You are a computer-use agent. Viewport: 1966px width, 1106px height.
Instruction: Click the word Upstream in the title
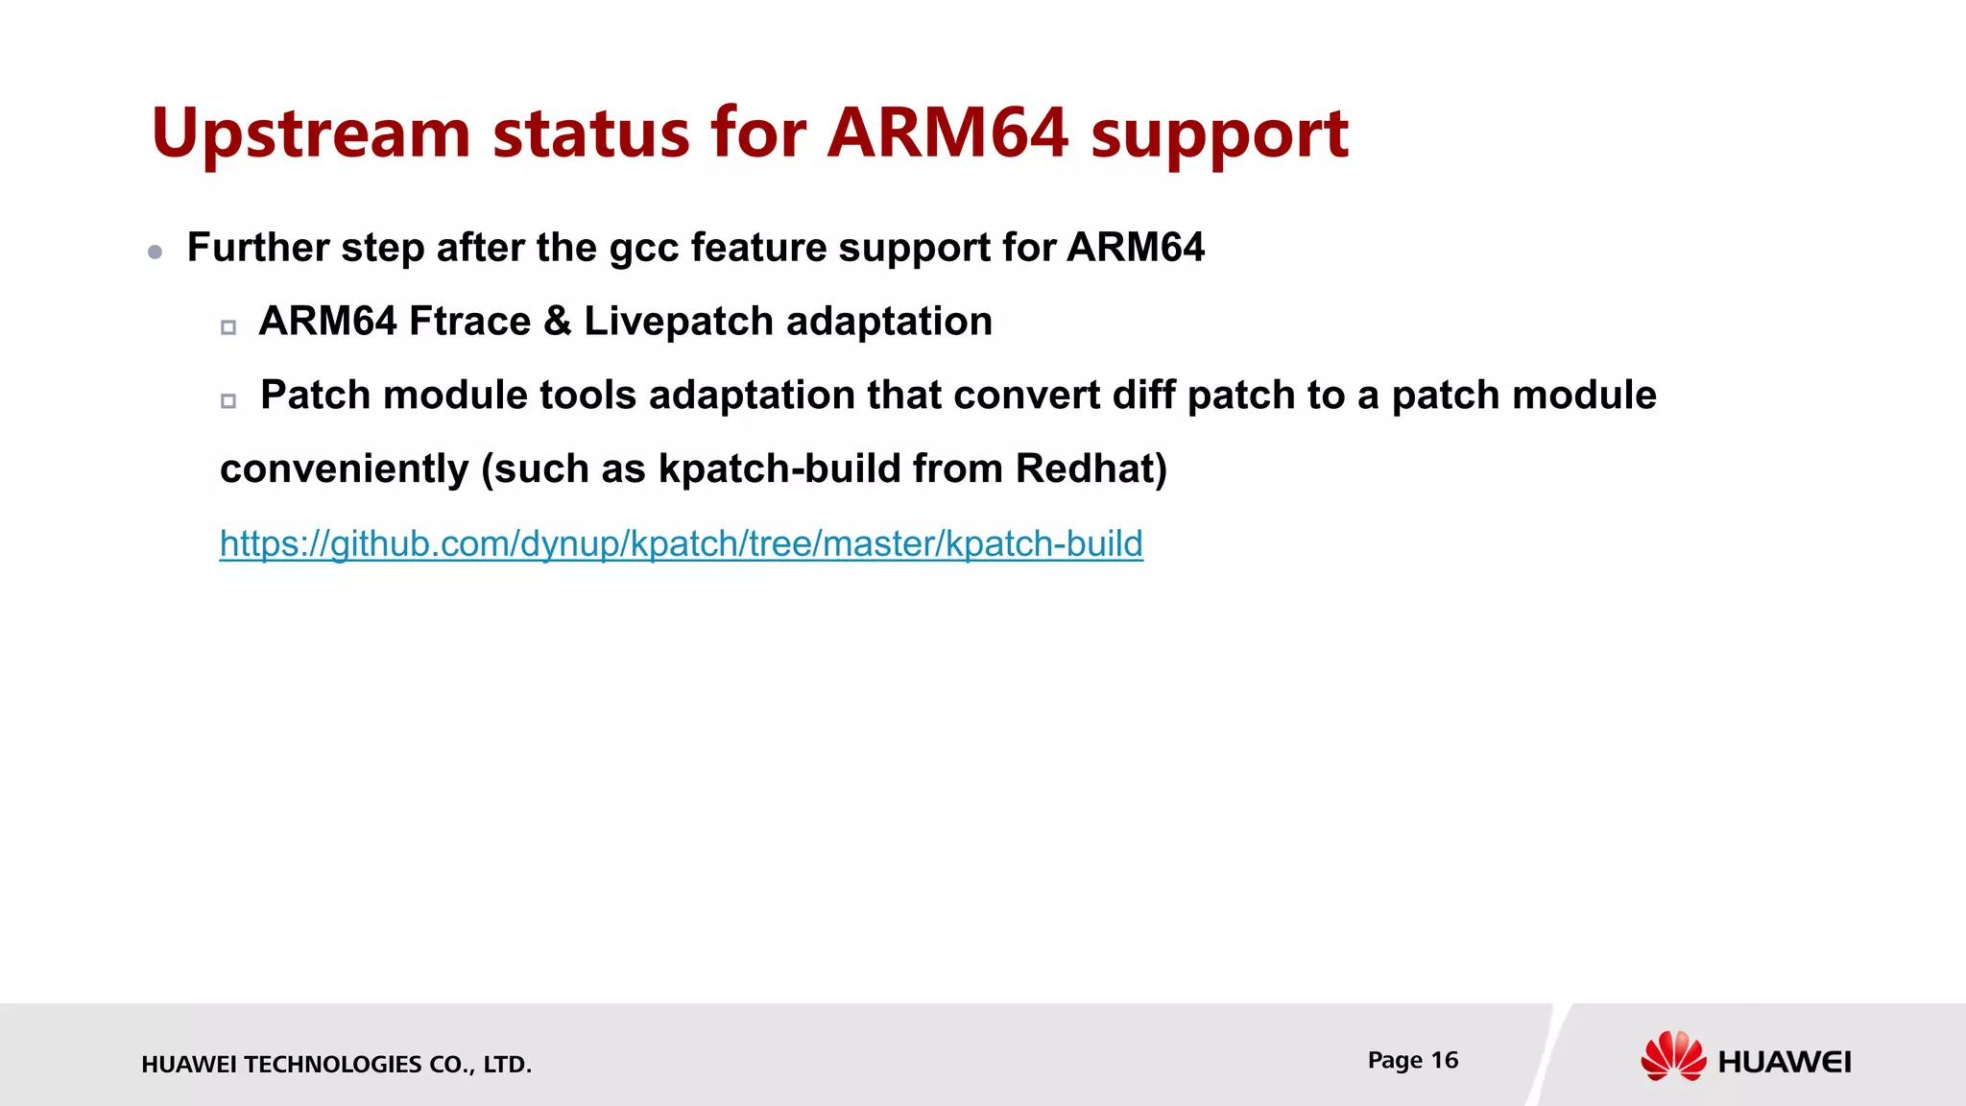(310, 134)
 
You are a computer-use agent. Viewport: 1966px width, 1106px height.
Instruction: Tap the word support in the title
(1219, 134)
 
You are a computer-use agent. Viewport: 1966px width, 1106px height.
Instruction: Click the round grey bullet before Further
(156, 252)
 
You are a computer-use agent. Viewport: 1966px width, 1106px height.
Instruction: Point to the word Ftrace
(469, 322)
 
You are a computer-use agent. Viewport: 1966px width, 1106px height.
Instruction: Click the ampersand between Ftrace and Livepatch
(557, 322)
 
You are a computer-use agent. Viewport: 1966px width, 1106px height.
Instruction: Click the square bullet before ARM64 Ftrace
(228, 327)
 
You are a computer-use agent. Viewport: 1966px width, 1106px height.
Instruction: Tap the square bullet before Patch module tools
(228, 401)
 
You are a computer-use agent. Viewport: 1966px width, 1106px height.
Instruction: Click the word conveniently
(344, 469)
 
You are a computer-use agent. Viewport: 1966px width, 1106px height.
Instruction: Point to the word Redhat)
(1091, 469)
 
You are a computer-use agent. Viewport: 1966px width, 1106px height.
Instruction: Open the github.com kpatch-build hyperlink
(681, 544)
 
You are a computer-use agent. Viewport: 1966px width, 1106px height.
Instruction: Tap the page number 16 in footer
(1444, 1060)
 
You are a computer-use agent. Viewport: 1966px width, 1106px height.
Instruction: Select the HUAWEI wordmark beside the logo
(1785, 1062)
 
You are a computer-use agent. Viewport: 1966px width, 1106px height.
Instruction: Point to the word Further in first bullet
(258, 249)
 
